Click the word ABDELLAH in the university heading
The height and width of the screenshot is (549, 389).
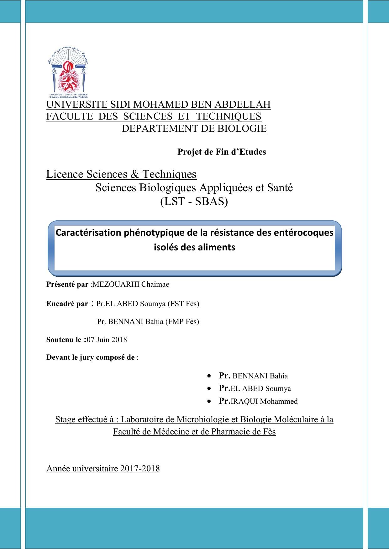pyautogui.click(x=244, y=105)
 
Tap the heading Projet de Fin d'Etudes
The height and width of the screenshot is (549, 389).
pyautogui.click(x=222, y=152)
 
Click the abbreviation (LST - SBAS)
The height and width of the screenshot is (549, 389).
pyautogui.click(x=194, y=202)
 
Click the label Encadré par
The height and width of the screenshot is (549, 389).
pyautogui.click(x=67, y=304)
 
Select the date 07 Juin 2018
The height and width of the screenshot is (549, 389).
pyautogui.click(x=107, y=340)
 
